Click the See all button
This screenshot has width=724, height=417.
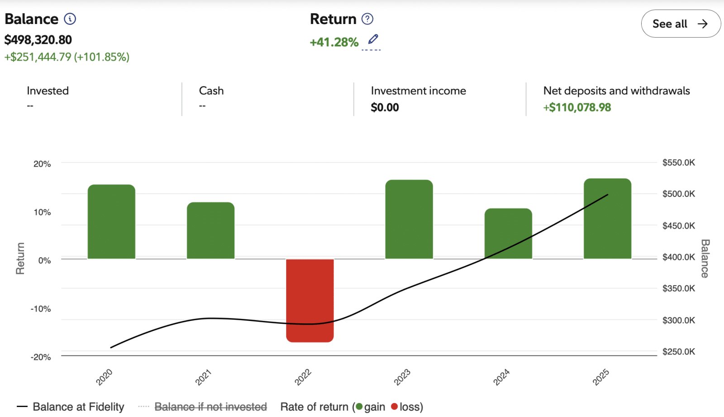point(680,24)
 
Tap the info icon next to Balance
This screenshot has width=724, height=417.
point(70,19)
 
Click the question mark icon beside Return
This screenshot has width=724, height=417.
point(367,19)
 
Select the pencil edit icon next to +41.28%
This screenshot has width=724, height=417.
point(373,39)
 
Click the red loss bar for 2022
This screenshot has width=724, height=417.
point(310,300)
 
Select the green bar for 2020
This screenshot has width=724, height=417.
point(111,221)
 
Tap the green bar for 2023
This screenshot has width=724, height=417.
point(409,219)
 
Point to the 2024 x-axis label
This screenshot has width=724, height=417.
point(501,377)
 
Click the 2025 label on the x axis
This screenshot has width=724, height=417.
point(601,377)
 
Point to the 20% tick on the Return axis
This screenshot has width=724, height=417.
point(42,164)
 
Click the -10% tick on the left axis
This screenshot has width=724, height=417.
point(41,309)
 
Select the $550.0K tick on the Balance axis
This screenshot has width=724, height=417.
point(678,163)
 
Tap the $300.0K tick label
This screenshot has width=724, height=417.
point(678,320)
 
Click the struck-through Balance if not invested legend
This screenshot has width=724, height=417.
point(210,407)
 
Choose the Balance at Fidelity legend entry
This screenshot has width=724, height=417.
point(78,407)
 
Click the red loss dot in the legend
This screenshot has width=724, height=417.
point(394,407)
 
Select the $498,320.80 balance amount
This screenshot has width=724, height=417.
point(38,40)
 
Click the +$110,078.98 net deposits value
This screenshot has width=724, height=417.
point(577,107)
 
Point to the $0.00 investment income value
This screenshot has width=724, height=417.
point(385,107)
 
